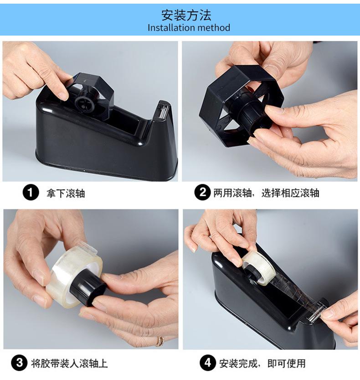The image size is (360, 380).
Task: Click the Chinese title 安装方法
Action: pyautogui.click(x=186, y=15)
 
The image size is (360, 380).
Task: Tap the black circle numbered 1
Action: pyautogui.click(x=31, y=193)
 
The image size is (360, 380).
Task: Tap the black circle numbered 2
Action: pyautogui.click(x=202, y=193)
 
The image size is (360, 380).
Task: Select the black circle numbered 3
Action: pyautogui.click(x=19, y=363)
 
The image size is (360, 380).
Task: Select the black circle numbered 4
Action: pyautogui.click(x=208, y=363)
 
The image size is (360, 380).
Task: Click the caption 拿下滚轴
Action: pyautogui.click(x=66, y=193)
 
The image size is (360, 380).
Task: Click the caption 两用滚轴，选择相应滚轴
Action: pyautogui.click(x=266, y=193)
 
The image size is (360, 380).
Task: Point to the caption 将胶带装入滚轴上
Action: pyautogui.click(x=69, y=363)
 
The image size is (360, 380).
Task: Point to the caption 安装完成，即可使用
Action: pyautogui.click(x=262, y=363)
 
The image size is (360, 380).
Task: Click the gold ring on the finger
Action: pyautogui.click(x=160, y=341)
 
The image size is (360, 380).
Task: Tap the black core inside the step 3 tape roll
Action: pyautogui.click(x=87, y=289)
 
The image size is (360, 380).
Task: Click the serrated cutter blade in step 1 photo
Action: pyautogui.click(x=163, y=111)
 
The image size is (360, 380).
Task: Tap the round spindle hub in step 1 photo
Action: pyautogui.click(x=84, y=104)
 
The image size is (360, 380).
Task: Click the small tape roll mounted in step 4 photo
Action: pyautogui.click(x=257, y=268)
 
